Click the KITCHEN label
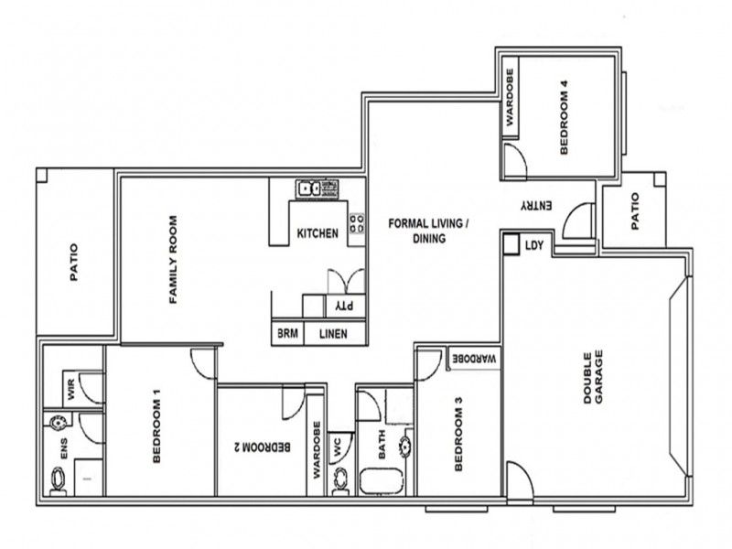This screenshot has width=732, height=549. coord(318,233)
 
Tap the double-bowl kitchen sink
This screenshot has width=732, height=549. coord(307,189)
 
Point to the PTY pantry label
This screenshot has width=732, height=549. coord(343,305)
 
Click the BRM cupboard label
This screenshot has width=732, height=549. coord(287,335)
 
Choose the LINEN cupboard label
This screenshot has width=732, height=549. coord(333,335)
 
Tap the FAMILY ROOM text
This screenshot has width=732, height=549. coord(171,259)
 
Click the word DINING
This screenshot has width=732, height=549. coord(427,240)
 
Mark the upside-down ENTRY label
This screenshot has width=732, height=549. coord(536,208)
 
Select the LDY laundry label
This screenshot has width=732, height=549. coord(533,245)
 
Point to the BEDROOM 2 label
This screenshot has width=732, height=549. coord(264,447)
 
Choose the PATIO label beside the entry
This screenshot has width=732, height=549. coord(634,210)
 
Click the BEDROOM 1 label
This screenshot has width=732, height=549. coord(156,428)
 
